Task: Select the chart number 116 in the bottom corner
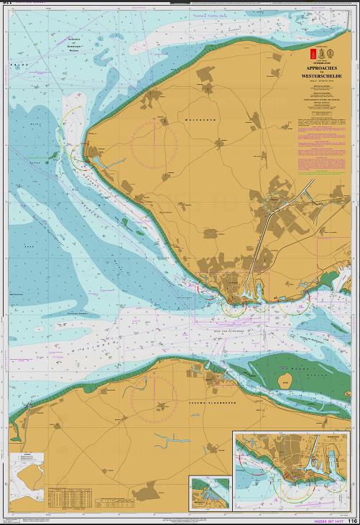[x=352, y=521]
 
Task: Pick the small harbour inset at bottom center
[x=208, y=493]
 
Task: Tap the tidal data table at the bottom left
[x=79, y=497]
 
